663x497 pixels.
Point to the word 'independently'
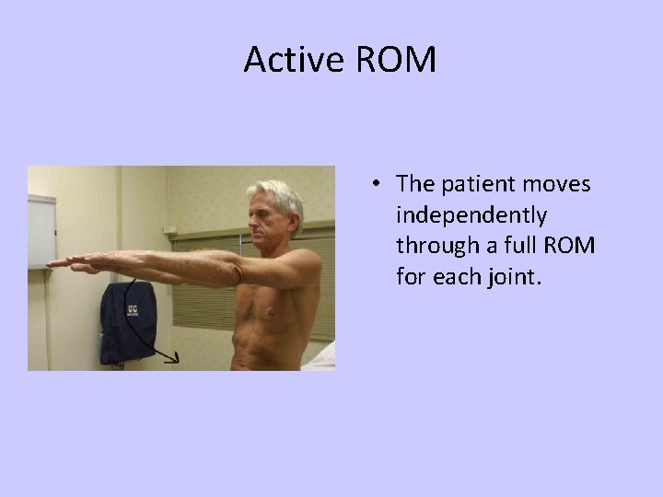(471, 215)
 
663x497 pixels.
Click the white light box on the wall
(41, 230)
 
